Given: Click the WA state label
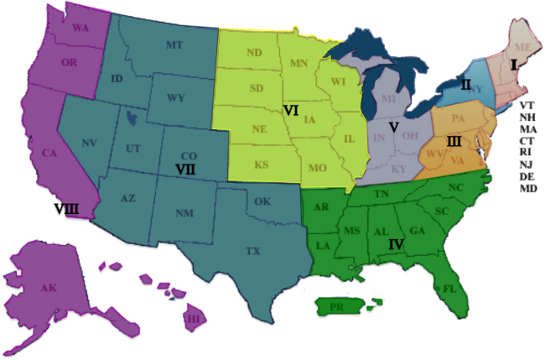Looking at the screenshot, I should point(81,28).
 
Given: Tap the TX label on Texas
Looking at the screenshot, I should point(252,251).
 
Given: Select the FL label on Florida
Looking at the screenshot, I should point(449,288).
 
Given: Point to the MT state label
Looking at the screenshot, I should point(174,44).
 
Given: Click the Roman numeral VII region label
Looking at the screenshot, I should point(185,169).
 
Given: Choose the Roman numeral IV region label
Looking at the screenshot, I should point(397,245).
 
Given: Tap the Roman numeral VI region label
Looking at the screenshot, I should point(291,110).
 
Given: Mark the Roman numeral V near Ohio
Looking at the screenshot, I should point(392,127).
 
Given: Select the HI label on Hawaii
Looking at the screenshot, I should point(193,319).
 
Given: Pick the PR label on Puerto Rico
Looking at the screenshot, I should point(337,307).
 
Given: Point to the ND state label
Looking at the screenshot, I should point(254,53).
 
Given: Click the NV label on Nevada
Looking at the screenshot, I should point(90,143).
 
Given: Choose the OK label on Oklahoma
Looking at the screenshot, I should point(262,201).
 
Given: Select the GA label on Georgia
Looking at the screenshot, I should point(418,231).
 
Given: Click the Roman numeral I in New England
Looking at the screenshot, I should point(513,63).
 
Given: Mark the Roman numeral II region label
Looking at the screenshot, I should point(465,84).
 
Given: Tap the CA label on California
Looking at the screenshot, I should point(49,153).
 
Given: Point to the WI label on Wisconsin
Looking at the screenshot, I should point(339,81).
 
